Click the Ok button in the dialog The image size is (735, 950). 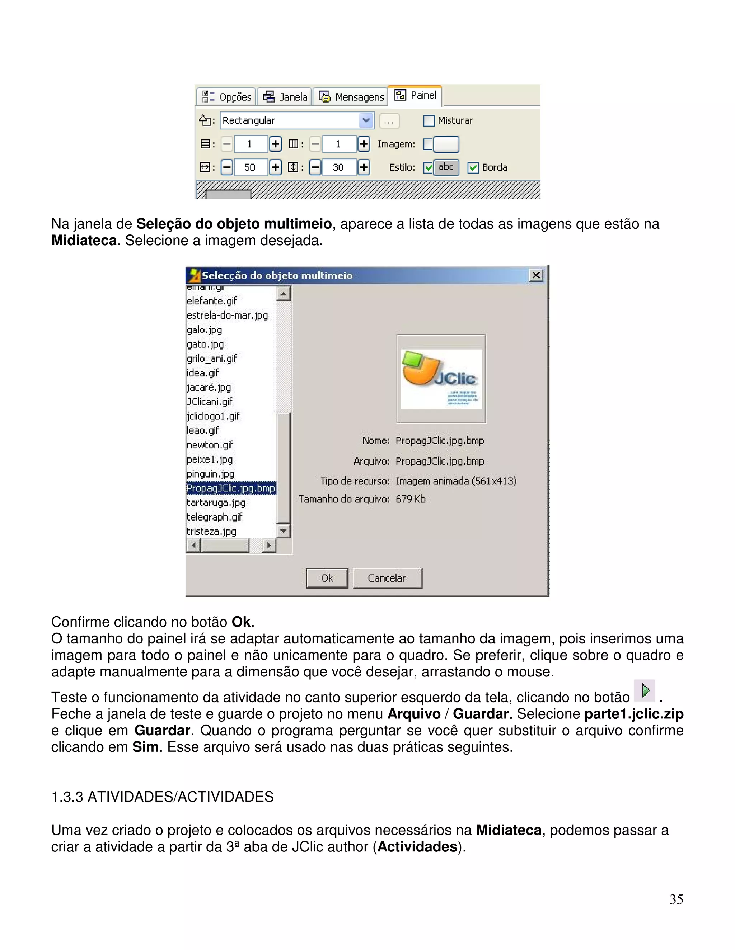[x=327, y=578]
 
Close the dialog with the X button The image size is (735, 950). [x=536, y=275]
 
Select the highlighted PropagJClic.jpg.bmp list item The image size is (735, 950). [x=231, y=489]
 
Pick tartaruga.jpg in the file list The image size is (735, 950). [x=216, y=503]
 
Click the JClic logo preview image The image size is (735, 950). [x=441, y=379]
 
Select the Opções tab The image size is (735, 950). [x=226, y=96]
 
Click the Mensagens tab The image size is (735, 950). [x=351, y=96]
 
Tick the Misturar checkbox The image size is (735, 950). [x=429, y=120]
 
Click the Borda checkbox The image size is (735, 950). [x=473, y=167]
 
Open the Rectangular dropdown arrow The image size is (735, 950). [x=366, y=120]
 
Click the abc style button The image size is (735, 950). [x=446, y=167]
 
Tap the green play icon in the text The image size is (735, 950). [x=645, y=690]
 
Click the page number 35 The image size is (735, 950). [x=676, y=899]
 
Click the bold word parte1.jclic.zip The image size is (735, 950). [x=633, y=714]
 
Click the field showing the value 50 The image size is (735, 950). [x=250, y=167]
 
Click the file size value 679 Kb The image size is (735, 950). [x=410, y=499]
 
